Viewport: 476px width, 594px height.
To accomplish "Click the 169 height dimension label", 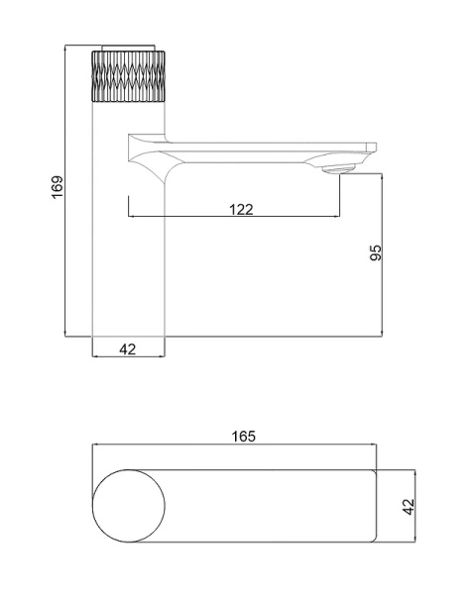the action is tap(58, 187).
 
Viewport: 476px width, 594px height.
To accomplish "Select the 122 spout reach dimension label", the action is tap(241, 209).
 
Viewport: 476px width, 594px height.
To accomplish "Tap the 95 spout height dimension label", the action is tap(376, 252).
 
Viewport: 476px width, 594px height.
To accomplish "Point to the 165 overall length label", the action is tap(243, 437).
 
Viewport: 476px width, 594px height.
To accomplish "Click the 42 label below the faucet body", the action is tap(128, 349).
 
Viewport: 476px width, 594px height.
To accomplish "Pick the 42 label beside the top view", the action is tap(409, 507).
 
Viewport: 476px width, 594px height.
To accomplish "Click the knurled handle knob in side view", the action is tap(129, 76).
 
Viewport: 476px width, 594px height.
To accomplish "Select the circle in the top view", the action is tap(129, 506).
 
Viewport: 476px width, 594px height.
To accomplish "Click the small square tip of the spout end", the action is tap(371, 147).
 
